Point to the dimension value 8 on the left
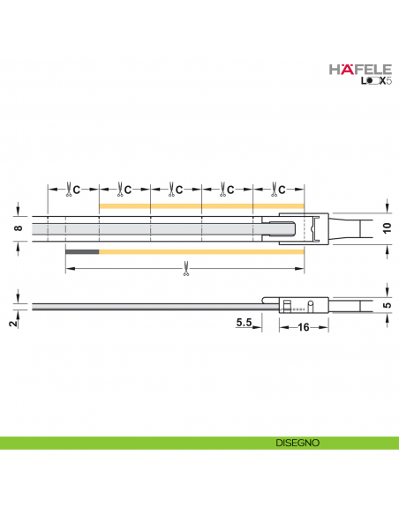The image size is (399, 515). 17,228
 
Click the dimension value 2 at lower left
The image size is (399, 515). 12,324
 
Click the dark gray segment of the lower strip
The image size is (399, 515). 82,251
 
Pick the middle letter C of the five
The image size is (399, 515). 179,189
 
